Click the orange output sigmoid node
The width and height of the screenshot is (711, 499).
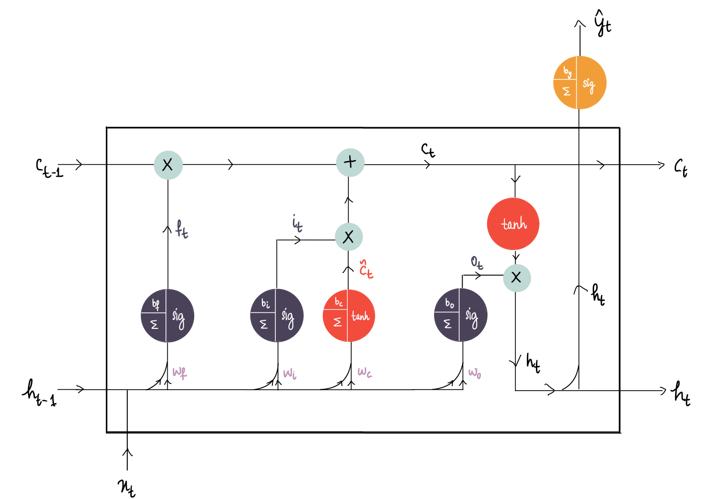click(x=579, y=83)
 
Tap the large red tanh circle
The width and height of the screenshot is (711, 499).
click(x=513, y=224)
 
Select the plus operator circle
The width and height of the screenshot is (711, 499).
click(x=350, y=162)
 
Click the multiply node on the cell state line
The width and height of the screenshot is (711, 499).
click(x=168, y=165)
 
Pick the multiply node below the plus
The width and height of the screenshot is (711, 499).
click(x=348, y=237)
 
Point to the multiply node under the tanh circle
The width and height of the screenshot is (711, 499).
click(x=516, y=277)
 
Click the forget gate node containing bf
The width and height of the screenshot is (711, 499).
click(x=167, y=315)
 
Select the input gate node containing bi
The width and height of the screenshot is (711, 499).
click(x=276, y=315)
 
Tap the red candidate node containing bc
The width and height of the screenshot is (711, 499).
click(x=349, y=315)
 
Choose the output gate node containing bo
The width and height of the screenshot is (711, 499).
click(x=461, y=315)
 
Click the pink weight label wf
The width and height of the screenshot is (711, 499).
click(x=180, y=372)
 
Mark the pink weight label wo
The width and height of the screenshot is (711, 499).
click(x=474, y=373)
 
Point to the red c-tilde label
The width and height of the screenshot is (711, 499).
click(x=366, y=270)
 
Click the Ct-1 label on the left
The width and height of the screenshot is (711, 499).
click(x=49, y=168)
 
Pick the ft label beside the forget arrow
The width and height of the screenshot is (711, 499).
click(x=182, y=230)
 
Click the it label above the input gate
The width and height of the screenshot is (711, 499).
click(x=297, y=224)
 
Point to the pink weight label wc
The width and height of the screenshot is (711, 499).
click(x=365, y=372)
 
